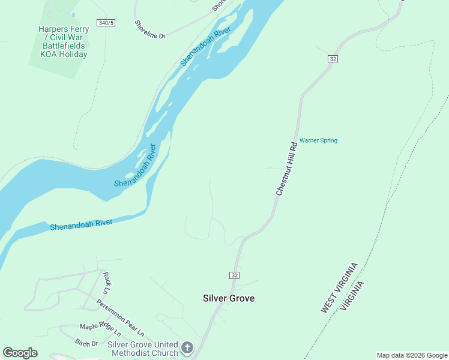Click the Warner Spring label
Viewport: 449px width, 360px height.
point(318,140)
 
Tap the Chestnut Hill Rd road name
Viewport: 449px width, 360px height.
point(287,168)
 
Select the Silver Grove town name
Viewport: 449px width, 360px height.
point(229,298)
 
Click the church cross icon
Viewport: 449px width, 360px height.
point(187,348)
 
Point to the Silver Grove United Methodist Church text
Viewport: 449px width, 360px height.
point(143,349)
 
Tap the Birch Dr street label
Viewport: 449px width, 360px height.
point(86,343)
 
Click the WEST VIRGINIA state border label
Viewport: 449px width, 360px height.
point(339,287)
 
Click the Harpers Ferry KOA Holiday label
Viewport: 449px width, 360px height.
point(63,41)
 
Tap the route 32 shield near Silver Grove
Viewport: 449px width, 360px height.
point(234,275)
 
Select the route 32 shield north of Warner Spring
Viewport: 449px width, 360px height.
point(333,58)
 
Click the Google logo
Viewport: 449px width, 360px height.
point(20,353)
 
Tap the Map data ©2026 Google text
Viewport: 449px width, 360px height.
point(412,355)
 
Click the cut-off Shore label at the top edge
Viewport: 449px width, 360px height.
point(219,6)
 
